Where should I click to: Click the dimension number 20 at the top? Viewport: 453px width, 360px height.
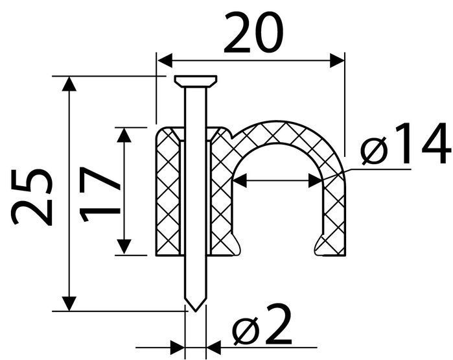[x=254, y=33]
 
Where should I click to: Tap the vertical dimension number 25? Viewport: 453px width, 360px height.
[x=32, y=197]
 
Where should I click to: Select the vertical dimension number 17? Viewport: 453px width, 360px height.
[x=100, y=194]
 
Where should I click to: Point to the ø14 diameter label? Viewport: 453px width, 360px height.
[x=406, y=144]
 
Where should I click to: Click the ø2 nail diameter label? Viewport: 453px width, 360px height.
[x=262, y=325]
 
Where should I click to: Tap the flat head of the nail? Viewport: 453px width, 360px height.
[x=196, y=81]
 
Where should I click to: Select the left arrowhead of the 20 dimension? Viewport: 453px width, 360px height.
[x=165, y=60]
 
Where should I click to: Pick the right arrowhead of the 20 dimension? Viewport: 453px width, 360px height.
[x=337, y=60]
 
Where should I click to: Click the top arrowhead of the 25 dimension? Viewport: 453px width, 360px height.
[x=69, y=84]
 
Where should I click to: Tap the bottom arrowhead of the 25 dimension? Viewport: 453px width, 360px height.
[x=69, y=304]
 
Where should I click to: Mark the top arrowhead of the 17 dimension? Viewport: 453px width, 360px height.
[x=124, y=135]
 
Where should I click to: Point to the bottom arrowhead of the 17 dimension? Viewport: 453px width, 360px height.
[x=124, y=247]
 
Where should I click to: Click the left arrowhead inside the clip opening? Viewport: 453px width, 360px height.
[x=240, y=180]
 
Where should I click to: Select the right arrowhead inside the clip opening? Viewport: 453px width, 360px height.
[x=316, y=180]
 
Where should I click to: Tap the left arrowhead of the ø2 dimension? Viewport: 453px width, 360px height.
[x=177, y=347]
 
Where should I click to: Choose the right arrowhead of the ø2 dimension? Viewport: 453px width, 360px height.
[x=214, y=347]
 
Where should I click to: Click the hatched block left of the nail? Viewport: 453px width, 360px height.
[x=168, y=192]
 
